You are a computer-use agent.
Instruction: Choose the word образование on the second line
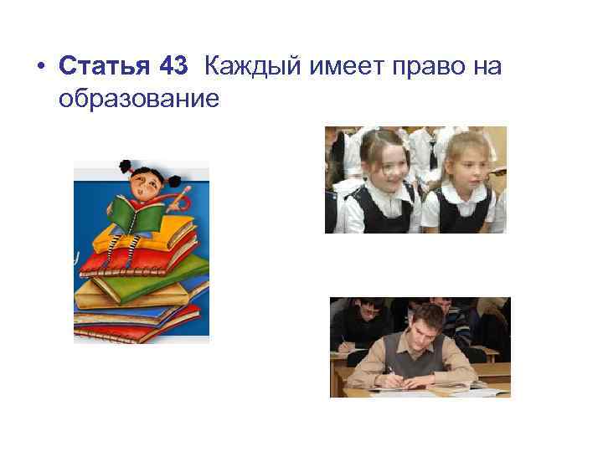coord(139,99)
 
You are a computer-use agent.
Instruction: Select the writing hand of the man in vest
coord(394,381)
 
